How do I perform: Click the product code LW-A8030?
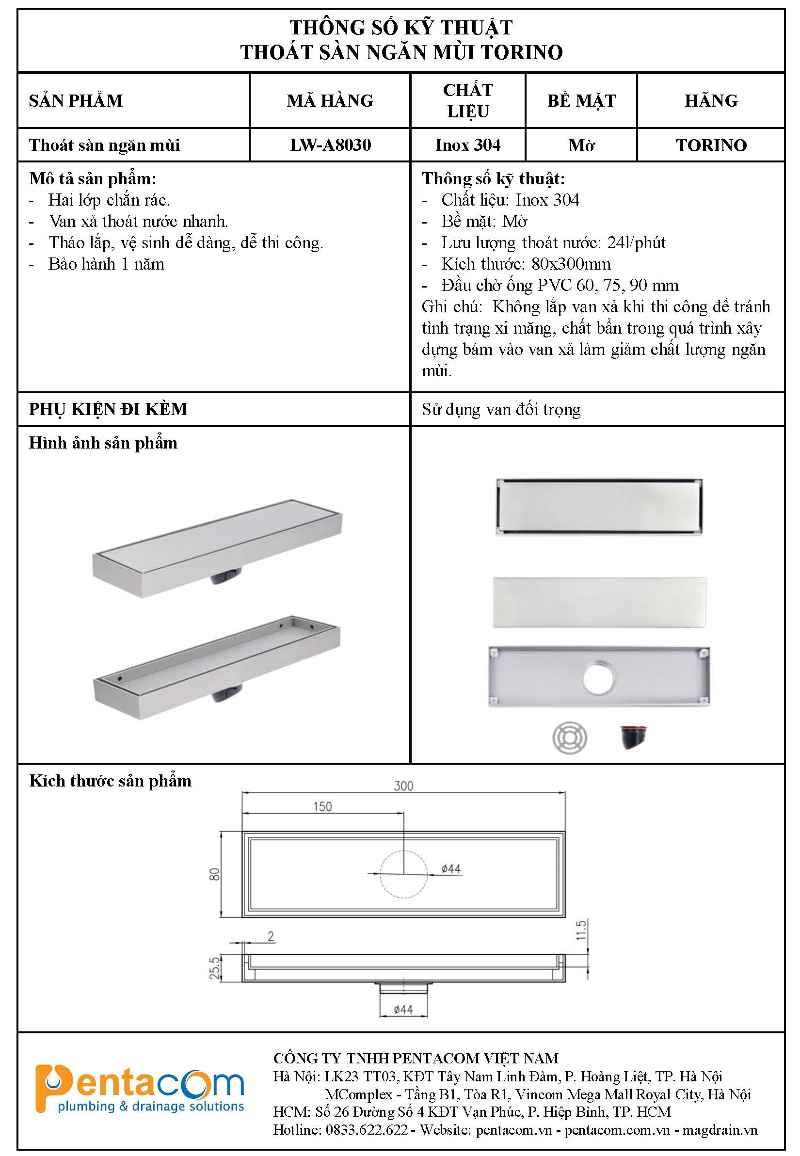coord(330,145)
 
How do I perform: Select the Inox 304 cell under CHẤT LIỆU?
coord(468,145)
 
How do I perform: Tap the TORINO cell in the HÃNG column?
coord(711,145)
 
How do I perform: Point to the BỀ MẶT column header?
coord(581,101)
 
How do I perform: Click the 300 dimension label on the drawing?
coord(403,786)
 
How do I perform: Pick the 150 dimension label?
coord(322,806)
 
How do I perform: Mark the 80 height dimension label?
coord(214,874)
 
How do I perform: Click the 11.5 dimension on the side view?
coord(581,930)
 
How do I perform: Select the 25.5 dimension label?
coord(214,968)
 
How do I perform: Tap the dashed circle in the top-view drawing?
coord(403,874)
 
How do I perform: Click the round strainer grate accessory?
coord(569,738)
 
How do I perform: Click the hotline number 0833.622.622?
coord(367,1130)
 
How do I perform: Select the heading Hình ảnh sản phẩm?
coord(103,443)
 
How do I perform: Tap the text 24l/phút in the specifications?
coord(636,242)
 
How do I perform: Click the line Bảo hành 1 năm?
coord(106,264)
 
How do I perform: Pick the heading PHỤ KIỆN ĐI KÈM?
coord(108,409)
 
